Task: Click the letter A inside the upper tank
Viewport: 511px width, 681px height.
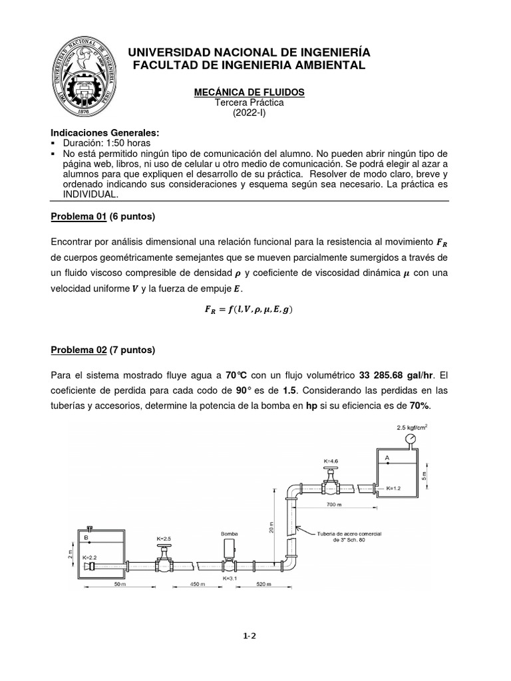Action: (387, 458)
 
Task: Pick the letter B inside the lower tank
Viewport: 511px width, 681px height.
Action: (86, 537)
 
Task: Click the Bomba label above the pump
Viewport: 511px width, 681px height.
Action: (229, 534)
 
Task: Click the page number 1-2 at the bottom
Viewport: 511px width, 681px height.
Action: (250, 636)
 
